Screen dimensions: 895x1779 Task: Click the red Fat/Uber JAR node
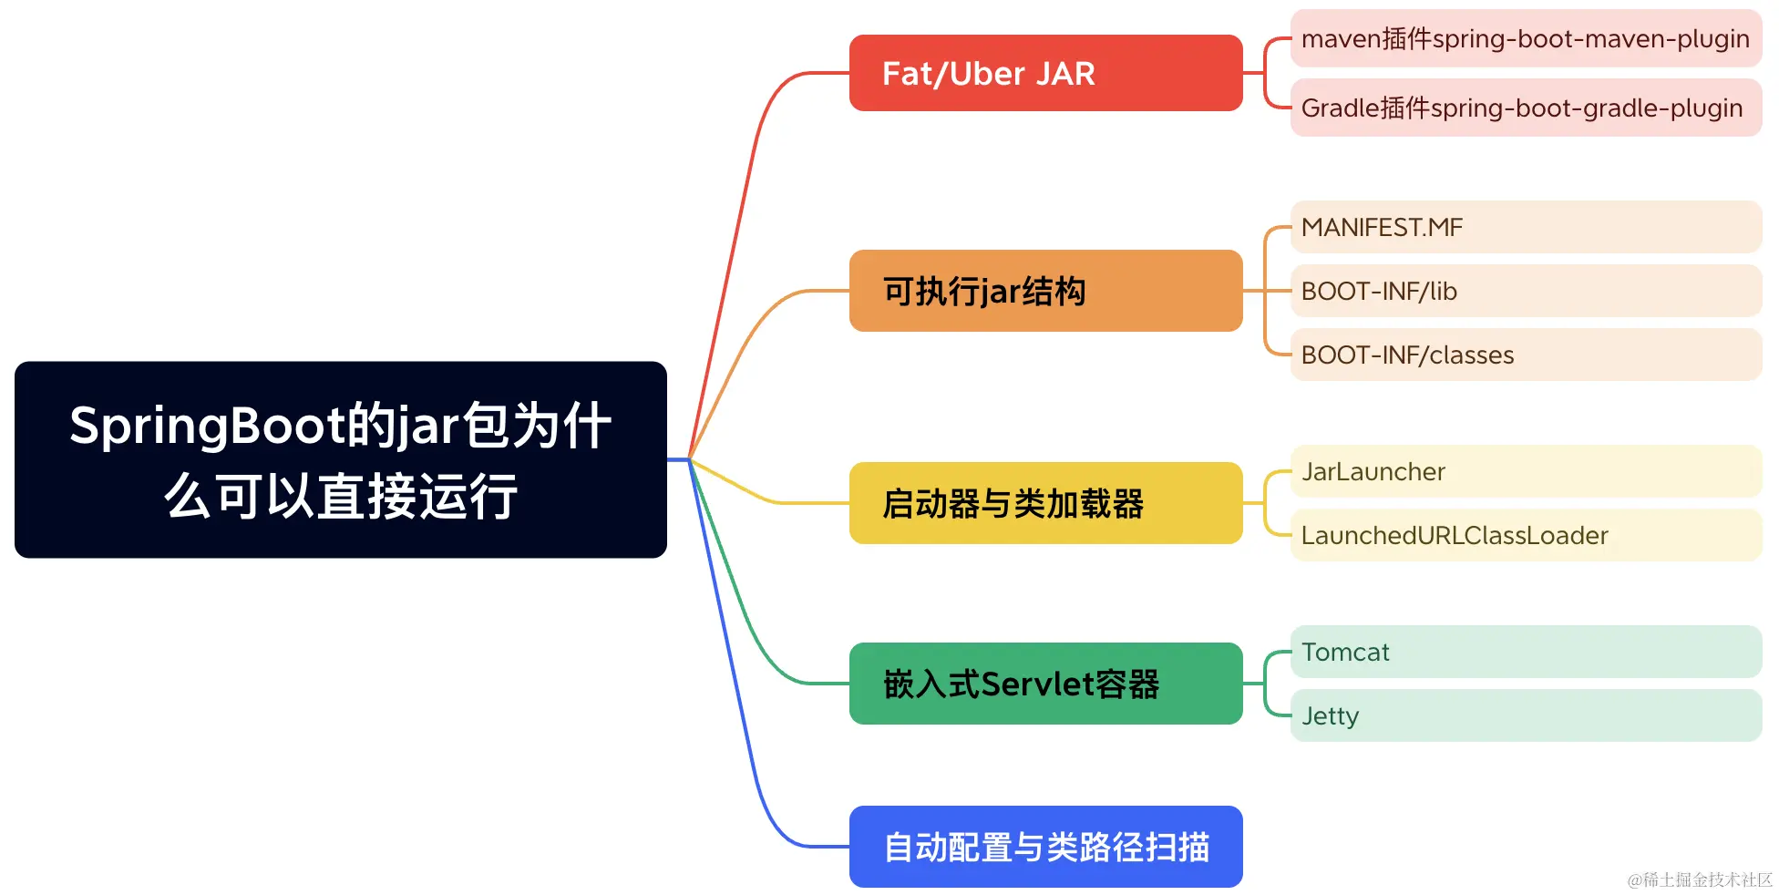click(1044, 73)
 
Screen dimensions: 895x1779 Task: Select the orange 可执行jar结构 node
click(1044, 291)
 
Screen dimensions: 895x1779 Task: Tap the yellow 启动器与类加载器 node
click(1044, 503)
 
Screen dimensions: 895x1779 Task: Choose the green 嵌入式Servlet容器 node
click(1044, 684)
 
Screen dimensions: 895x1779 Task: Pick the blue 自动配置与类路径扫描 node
click(1044, 847)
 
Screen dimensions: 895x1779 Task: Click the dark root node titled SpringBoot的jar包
click(340, 459)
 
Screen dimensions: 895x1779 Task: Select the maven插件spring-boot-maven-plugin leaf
click(1525, 39)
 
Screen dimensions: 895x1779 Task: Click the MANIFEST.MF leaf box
click(1525, 227)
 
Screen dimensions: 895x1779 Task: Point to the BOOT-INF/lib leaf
click(1525, 291)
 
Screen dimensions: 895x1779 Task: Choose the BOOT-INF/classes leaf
click(1525, 355)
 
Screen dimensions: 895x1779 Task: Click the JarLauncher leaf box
click(1525, 471)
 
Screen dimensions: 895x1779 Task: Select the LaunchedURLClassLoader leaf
click(1525, 535)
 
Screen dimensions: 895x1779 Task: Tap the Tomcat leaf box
click(1525, 652)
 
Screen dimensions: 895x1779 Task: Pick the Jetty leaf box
click(1525, 715)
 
